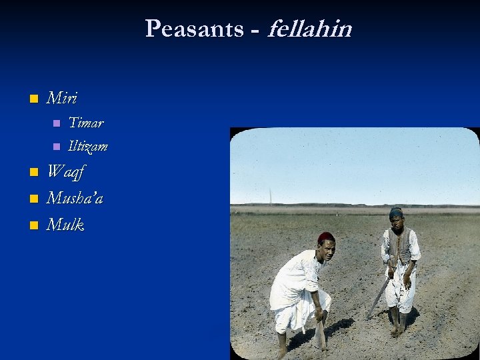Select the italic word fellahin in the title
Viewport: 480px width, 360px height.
point(309,29)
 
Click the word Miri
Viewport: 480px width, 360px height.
point(61,99)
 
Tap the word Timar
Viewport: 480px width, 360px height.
point(86,123)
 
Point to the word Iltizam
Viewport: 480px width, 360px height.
point(88,146)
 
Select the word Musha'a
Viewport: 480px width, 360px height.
point(75,198)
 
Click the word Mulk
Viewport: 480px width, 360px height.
point(65,225)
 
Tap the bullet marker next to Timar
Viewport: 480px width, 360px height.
point(56,123)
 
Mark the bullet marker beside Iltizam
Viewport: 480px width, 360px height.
point(56,147)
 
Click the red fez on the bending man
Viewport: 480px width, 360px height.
point(326,237)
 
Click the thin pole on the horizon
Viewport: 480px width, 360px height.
point(270,197)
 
